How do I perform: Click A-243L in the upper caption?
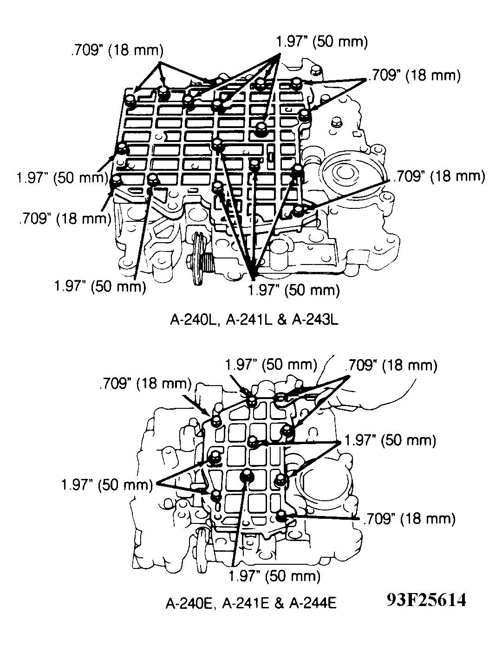[x=315, y=321]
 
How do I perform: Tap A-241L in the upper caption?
[x=249, y=321]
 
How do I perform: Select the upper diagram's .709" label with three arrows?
[x=117, y=51]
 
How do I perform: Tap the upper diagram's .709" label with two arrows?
[x=414, y=75]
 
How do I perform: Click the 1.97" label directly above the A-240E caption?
[x=274, y=576]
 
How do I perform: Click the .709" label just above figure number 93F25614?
[x=409, y=519]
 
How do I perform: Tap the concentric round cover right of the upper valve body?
[x=346, y=175]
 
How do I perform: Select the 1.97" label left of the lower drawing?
[x=107, y=485]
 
